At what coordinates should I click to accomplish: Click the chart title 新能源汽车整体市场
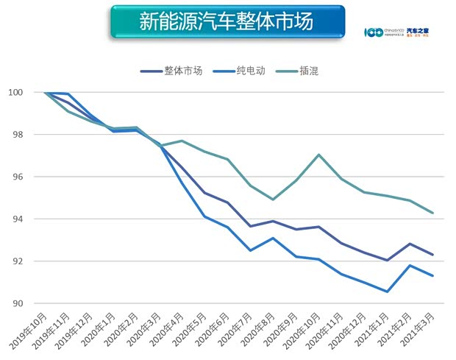[227, 22]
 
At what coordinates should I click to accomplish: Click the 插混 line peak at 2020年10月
[318, 155]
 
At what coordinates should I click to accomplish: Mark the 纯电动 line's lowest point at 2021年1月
[387, 292]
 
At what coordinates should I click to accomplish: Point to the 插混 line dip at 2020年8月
[273, 200]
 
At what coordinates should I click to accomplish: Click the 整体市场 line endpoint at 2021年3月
[432, 255]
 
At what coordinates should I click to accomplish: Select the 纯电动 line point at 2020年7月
[250, 250]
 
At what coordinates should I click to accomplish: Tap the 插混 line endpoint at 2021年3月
[432, 213]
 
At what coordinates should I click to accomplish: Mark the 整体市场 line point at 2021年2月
[410, 244]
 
